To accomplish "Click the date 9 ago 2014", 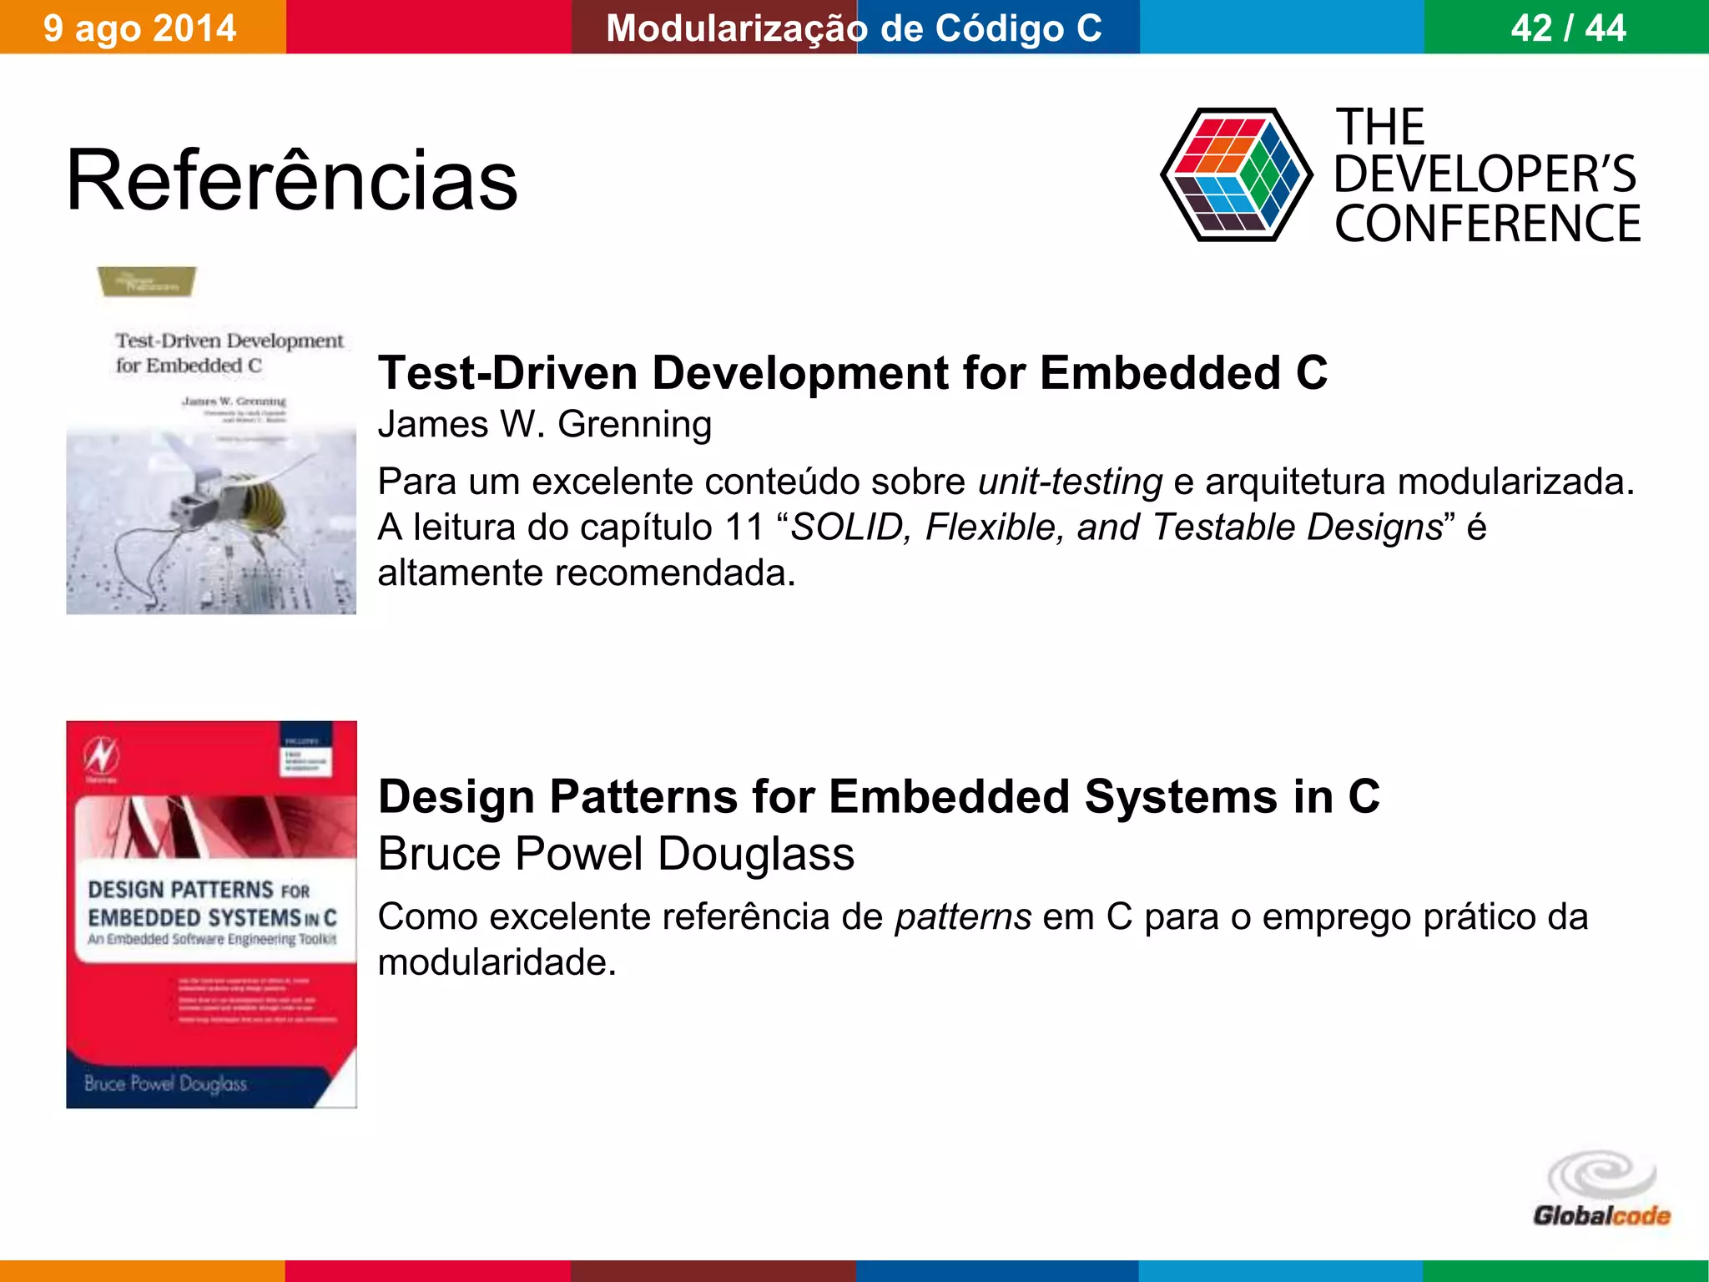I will click(x=139, y=28).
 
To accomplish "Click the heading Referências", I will click(x=291, y=180).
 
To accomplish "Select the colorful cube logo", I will click(x=1236, y=174).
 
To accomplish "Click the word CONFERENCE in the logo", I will click(x=1487, y=224).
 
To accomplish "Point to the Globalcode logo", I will click(x=1601, y=1189).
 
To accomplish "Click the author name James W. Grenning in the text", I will click(x=544, y=424).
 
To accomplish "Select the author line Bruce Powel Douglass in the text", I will click(x=616, y=854).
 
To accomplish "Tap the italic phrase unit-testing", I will click(x=1070, y=482).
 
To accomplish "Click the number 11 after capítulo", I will click(x=744, y=527).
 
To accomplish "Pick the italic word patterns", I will click(x=963, y=916).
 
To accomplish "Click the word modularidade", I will click(x=497, y=962).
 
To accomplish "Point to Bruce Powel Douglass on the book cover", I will click(x=165, y=1083).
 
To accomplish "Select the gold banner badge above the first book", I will click(x=147, y=281).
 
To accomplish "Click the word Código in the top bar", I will click(x=999, y=28).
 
